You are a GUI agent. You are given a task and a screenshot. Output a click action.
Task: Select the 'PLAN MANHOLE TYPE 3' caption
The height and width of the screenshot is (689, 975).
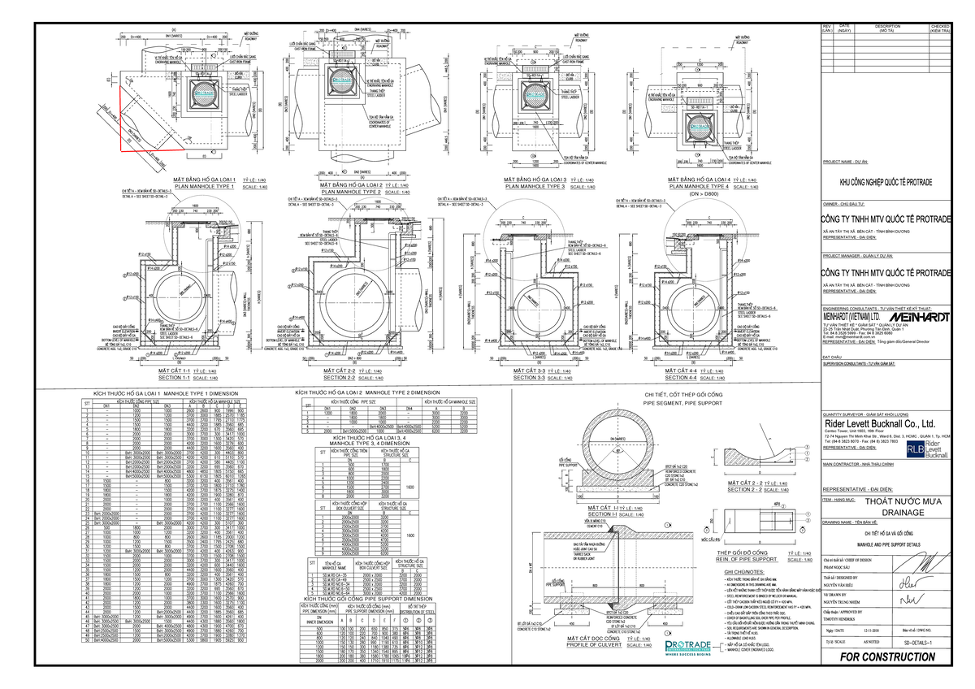[x=535, y=187]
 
